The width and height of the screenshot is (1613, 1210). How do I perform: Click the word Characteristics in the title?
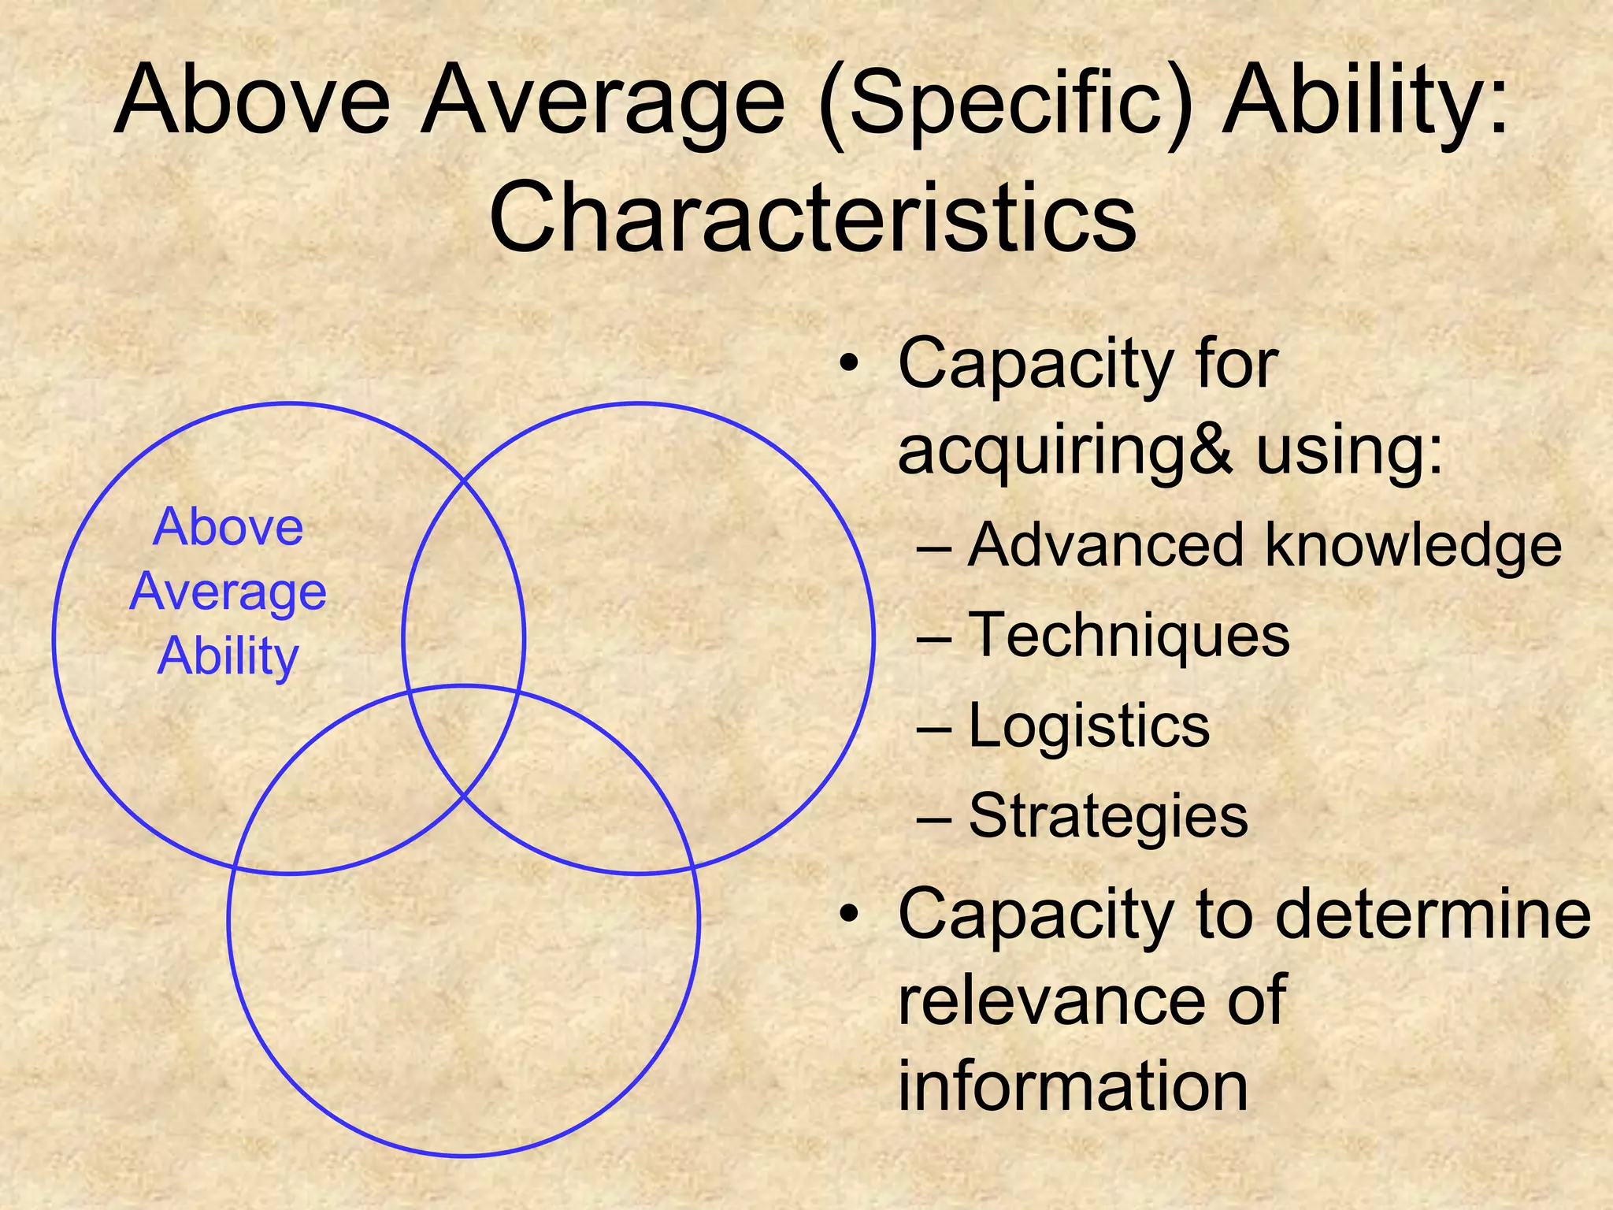[812, 216]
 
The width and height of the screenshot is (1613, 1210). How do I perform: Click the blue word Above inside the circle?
[228, 527]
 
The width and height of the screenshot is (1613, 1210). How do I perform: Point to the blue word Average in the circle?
[228, 592]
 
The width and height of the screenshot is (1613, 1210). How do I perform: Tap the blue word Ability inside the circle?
[228, 655]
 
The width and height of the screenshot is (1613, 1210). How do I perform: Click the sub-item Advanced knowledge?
[1264, 545]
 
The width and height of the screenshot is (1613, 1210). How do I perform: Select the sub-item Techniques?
[1129, 635]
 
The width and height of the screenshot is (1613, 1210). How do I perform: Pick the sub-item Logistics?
[1088, 726]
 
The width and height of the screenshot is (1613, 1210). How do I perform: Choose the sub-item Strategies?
[1108, 816]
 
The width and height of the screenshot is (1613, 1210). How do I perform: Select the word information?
[1073, 1086]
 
